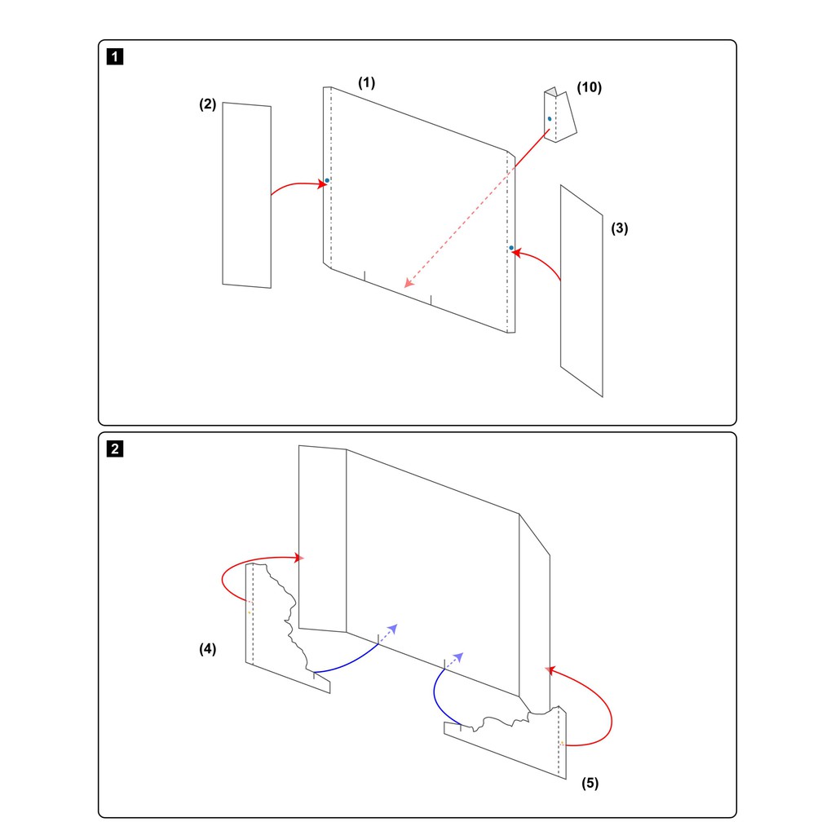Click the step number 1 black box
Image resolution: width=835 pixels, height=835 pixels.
115,56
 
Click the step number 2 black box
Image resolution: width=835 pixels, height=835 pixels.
115,448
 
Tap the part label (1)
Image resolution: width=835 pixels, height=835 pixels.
366,82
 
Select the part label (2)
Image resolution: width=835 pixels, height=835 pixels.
208,104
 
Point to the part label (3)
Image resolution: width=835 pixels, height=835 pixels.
620,228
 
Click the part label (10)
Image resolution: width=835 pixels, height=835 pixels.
590,86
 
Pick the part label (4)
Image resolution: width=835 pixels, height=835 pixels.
208,648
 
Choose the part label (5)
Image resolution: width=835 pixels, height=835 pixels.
590,783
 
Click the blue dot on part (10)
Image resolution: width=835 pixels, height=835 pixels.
550,119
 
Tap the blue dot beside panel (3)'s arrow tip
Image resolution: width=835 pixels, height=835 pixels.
511,248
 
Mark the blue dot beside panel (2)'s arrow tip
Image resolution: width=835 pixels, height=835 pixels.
327,180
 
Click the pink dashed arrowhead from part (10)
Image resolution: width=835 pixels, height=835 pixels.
409,283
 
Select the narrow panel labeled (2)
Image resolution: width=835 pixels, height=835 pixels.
246,195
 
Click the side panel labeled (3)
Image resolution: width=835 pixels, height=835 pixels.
581,291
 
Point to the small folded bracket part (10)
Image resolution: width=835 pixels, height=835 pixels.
559,115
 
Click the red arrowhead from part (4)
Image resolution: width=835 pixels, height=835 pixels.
299,558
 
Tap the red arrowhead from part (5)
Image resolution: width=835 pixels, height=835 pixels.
550,670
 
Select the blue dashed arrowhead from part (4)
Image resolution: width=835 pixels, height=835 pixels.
393,629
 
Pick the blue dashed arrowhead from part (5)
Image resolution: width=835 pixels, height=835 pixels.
458,656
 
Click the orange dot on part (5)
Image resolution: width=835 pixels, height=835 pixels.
562,743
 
